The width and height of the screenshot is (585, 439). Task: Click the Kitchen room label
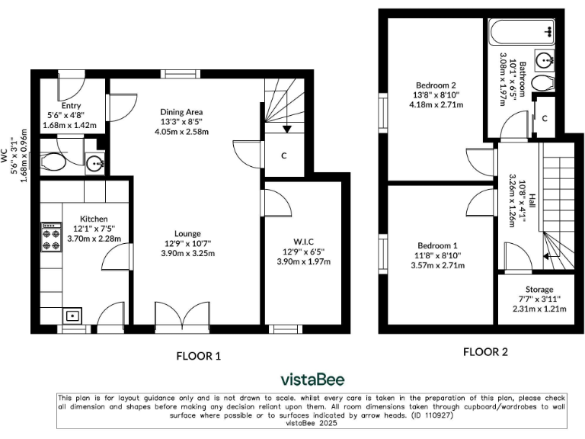point(91,219)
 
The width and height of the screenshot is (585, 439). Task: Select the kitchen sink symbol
point(73,315)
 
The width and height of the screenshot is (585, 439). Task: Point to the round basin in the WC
point(94,162)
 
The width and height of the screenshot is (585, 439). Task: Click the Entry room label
point(72,106)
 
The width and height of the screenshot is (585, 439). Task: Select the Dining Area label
point(181,112)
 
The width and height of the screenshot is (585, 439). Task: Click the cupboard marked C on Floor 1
point(283,155)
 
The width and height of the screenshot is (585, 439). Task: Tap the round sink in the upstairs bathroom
point(545,59)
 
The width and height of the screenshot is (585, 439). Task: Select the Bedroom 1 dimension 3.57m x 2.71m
point(436,265)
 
